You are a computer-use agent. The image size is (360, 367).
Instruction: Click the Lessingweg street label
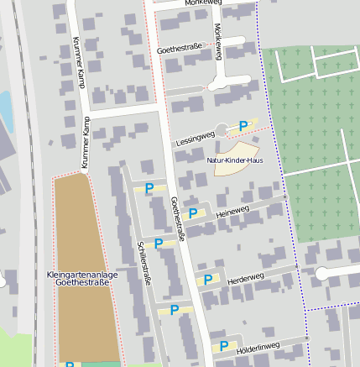point(195,139)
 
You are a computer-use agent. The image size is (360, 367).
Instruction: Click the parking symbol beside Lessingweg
point(243,126)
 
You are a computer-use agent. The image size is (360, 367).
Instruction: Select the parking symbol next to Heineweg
point(193,213)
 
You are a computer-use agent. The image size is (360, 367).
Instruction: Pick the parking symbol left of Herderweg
point(207,280)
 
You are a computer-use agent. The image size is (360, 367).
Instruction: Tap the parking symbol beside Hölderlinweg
point(224,345)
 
